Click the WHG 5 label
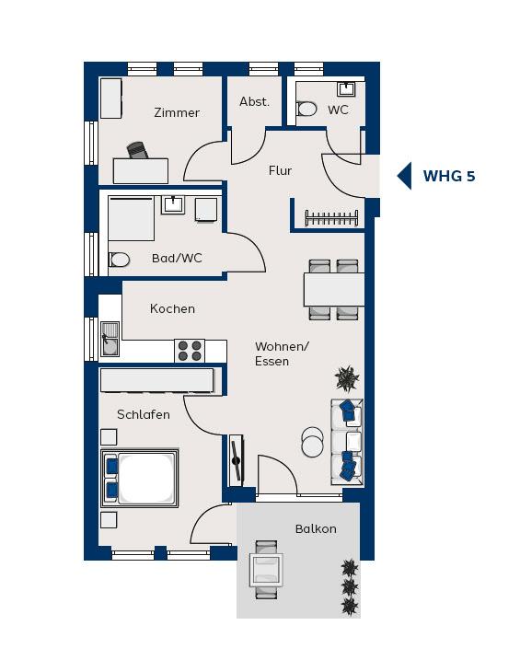pos(449,176)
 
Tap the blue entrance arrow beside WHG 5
pos(405,176)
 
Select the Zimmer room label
pos(177,113)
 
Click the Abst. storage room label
pos(255,101)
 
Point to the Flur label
pos(280,170)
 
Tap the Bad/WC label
pos(177,258)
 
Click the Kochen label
pos(172,308)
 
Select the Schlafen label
pos(144,414)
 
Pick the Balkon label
pos(316,528)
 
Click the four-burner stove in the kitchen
pos(190,351)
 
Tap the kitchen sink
pos(110,339)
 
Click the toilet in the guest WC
pos(306,109)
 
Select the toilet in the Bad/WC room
pos(119,260)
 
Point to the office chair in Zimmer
pos(137,150)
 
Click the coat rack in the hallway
pos(331,218)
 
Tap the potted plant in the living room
pos(347,378)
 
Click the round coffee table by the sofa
pos(313,442)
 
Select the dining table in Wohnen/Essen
pos(334,290)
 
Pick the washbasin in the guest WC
pos(346,88)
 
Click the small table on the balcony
pos(266,570)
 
